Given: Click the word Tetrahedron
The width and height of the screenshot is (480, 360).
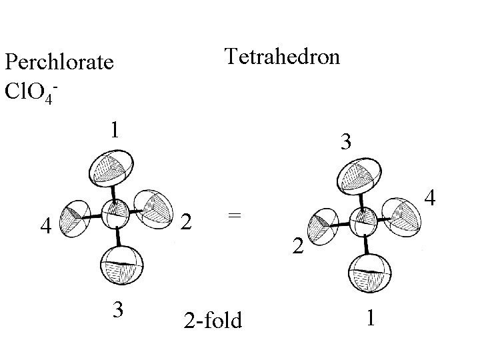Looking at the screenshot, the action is (282, 56).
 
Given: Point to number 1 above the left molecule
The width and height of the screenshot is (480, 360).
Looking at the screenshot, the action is (115, 128).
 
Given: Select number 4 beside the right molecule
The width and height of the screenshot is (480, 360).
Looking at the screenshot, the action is (431, 198).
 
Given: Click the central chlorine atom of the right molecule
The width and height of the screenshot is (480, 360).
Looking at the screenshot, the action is (363, 221).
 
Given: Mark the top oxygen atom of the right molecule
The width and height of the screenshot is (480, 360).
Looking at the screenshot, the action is (359, 176).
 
